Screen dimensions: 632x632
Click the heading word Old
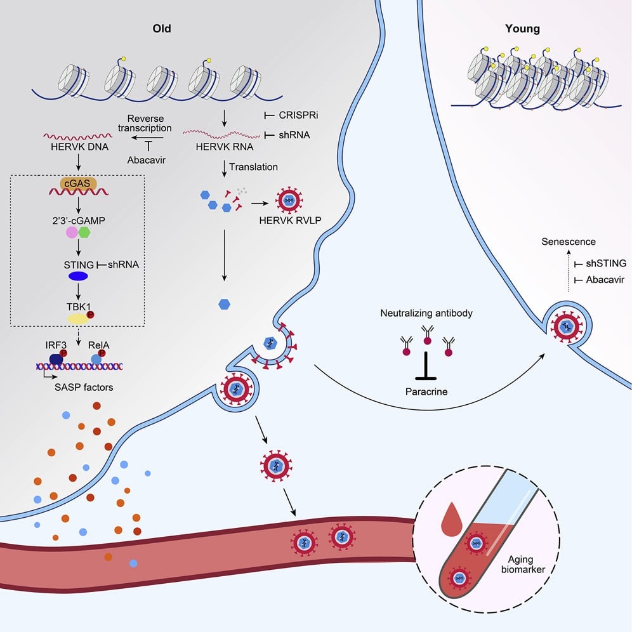[162, 29]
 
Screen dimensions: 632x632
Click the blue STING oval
[79, 276]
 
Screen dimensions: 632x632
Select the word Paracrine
[426, 392]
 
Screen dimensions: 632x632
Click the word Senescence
[569, 242]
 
